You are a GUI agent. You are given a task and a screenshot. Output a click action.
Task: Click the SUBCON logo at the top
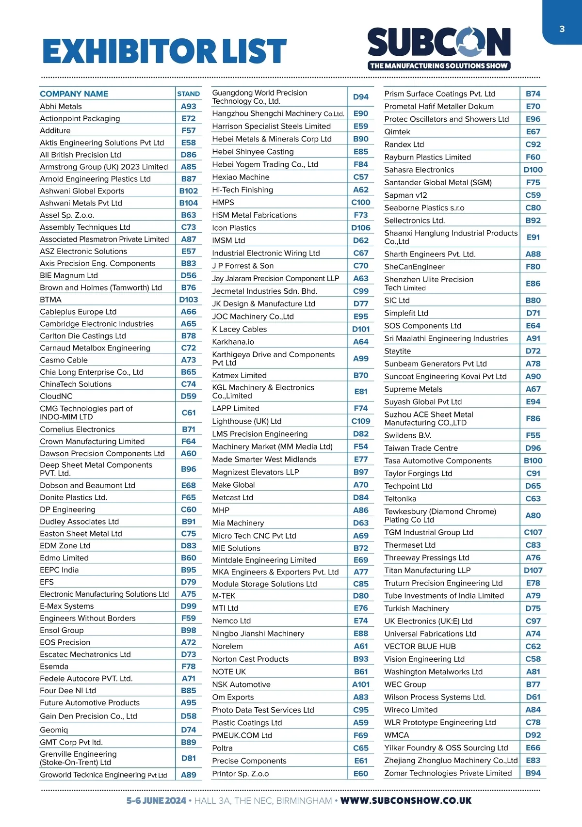[439, 48]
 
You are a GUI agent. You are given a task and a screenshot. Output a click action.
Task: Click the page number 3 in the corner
[562, 29]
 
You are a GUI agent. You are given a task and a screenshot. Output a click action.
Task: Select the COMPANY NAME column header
[74, 94]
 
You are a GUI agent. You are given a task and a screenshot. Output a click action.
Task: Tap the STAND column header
[188, 94]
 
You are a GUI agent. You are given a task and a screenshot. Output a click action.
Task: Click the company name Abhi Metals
[61, 107]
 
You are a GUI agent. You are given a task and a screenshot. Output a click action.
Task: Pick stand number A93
[188, 107]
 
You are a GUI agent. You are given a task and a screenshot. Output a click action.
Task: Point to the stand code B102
[188, 191]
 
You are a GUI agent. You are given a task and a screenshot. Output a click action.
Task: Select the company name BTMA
[51, 300]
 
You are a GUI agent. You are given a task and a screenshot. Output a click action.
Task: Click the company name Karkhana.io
[233, 342]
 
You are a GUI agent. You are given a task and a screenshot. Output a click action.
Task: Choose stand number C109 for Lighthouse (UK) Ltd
[360, 421]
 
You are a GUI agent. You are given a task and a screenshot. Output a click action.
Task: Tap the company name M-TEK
[224, 596]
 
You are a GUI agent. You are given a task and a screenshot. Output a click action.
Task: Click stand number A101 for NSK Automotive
[360, 684]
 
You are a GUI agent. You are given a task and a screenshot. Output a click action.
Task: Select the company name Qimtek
[397, 132]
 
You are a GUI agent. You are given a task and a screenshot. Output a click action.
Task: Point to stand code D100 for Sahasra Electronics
[533, 170]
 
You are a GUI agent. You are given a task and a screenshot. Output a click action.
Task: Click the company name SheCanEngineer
[414, 267]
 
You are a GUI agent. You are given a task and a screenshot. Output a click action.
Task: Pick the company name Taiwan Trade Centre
[421, 448]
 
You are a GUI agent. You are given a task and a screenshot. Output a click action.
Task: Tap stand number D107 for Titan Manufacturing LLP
[533, 571]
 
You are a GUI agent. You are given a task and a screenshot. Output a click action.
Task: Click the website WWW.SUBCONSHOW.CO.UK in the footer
[406, 801]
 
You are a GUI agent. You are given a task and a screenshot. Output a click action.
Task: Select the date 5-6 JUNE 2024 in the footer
[156, 801]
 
